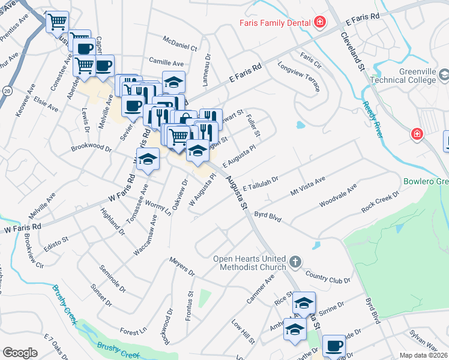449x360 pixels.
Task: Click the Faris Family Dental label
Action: pos(274,23)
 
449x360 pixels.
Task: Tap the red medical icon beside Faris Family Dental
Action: pos(320,23)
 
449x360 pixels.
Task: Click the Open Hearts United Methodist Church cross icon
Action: pos(295,262)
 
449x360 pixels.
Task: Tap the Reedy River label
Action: pos(373,119)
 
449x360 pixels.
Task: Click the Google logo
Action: pos(20,352)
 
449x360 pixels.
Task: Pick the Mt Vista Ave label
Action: pos(307,186)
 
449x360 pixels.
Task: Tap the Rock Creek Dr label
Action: pos(381,202)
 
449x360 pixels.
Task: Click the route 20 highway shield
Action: pos(7,91)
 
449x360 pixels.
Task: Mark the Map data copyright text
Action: pos(424,355)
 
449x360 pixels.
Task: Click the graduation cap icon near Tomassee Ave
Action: pos(148,161)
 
